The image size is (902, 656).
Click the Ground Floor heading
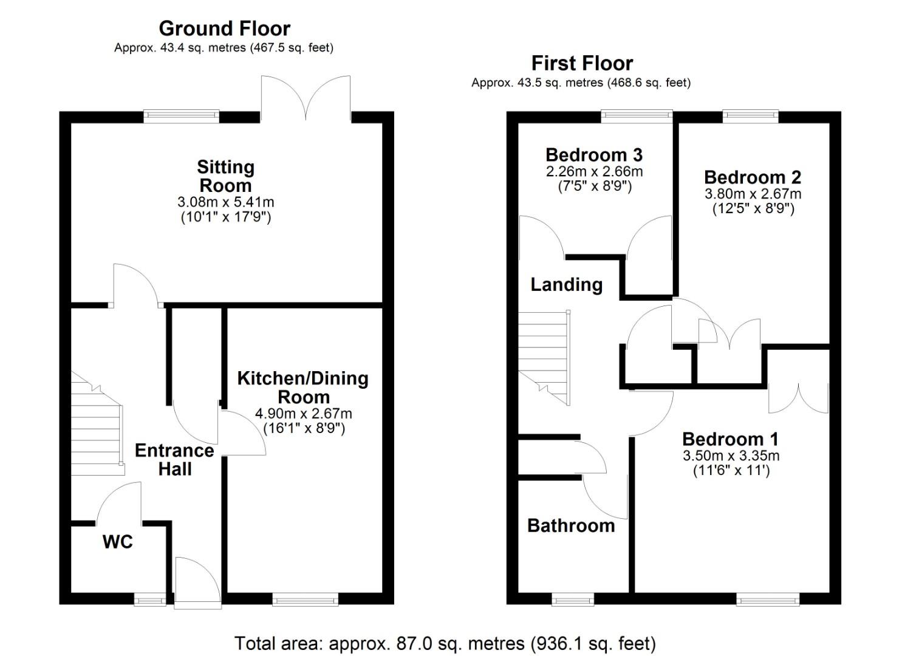point(225,29)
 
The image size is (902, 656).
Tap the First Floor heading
point(583,63)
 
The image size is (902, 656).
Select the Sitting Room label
point(225,176)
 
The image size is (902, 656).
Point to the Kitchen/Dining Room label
point(303,388)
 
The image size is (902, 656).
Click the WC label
point(118,542)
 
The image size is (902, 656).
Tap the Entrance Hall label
point(174,459)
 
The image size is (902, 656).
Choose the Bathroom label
point(571,525)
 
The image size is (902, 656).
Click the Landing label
point(567,285)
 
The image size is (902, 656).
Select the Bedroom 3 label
point(594,155)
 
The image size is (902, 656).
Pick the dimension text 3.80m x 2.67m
point(753,194)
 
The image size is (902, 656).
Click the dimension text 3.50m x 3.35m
point(731,456)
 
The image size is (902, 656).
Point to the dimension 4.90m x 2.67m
point(304,414)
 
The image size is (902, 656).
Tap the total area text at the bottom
point(445,643)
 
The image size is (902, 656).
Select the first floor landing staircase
point(544,357)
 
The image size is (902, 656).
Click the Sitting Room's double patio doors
point(306,98)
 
